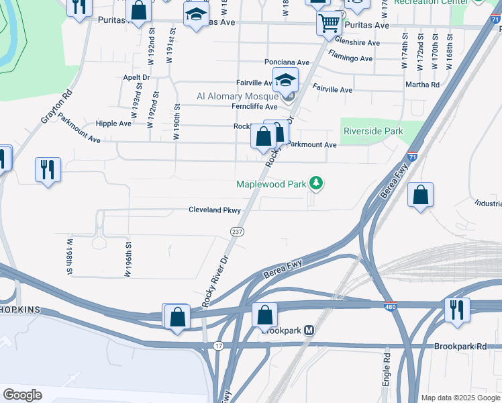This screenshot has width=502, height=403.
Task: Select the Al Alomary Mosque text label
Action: [238, 96]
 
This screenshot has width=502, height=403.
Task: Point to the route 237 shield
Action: [238, 231]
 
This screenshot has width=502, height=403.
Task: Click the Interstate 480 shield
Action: [391, 306]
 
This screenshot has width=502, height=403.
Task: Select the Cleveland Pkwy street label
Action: [214, 210]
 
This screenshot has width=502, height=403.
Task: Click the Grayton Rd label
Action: [56, 107]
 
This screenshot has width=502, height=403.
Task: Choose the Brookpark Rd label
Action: [461, 345]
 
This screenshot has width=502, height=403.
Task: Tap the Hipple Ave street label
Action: [113, 124]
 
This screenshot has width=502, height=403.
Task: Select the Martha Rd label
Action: [422, 85]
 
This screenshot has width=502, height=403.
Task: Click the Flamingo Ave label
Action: [350, 59]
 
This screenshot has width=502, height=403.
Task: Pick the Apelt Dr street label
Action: [136, 77]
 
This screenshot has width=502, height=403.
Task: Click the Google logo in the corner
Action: [22, 395]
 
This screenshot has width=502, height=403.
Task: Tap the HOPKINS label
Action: [21, 310]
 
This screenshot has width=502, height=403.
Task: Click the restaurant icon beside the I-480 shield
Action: [456, 310]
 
